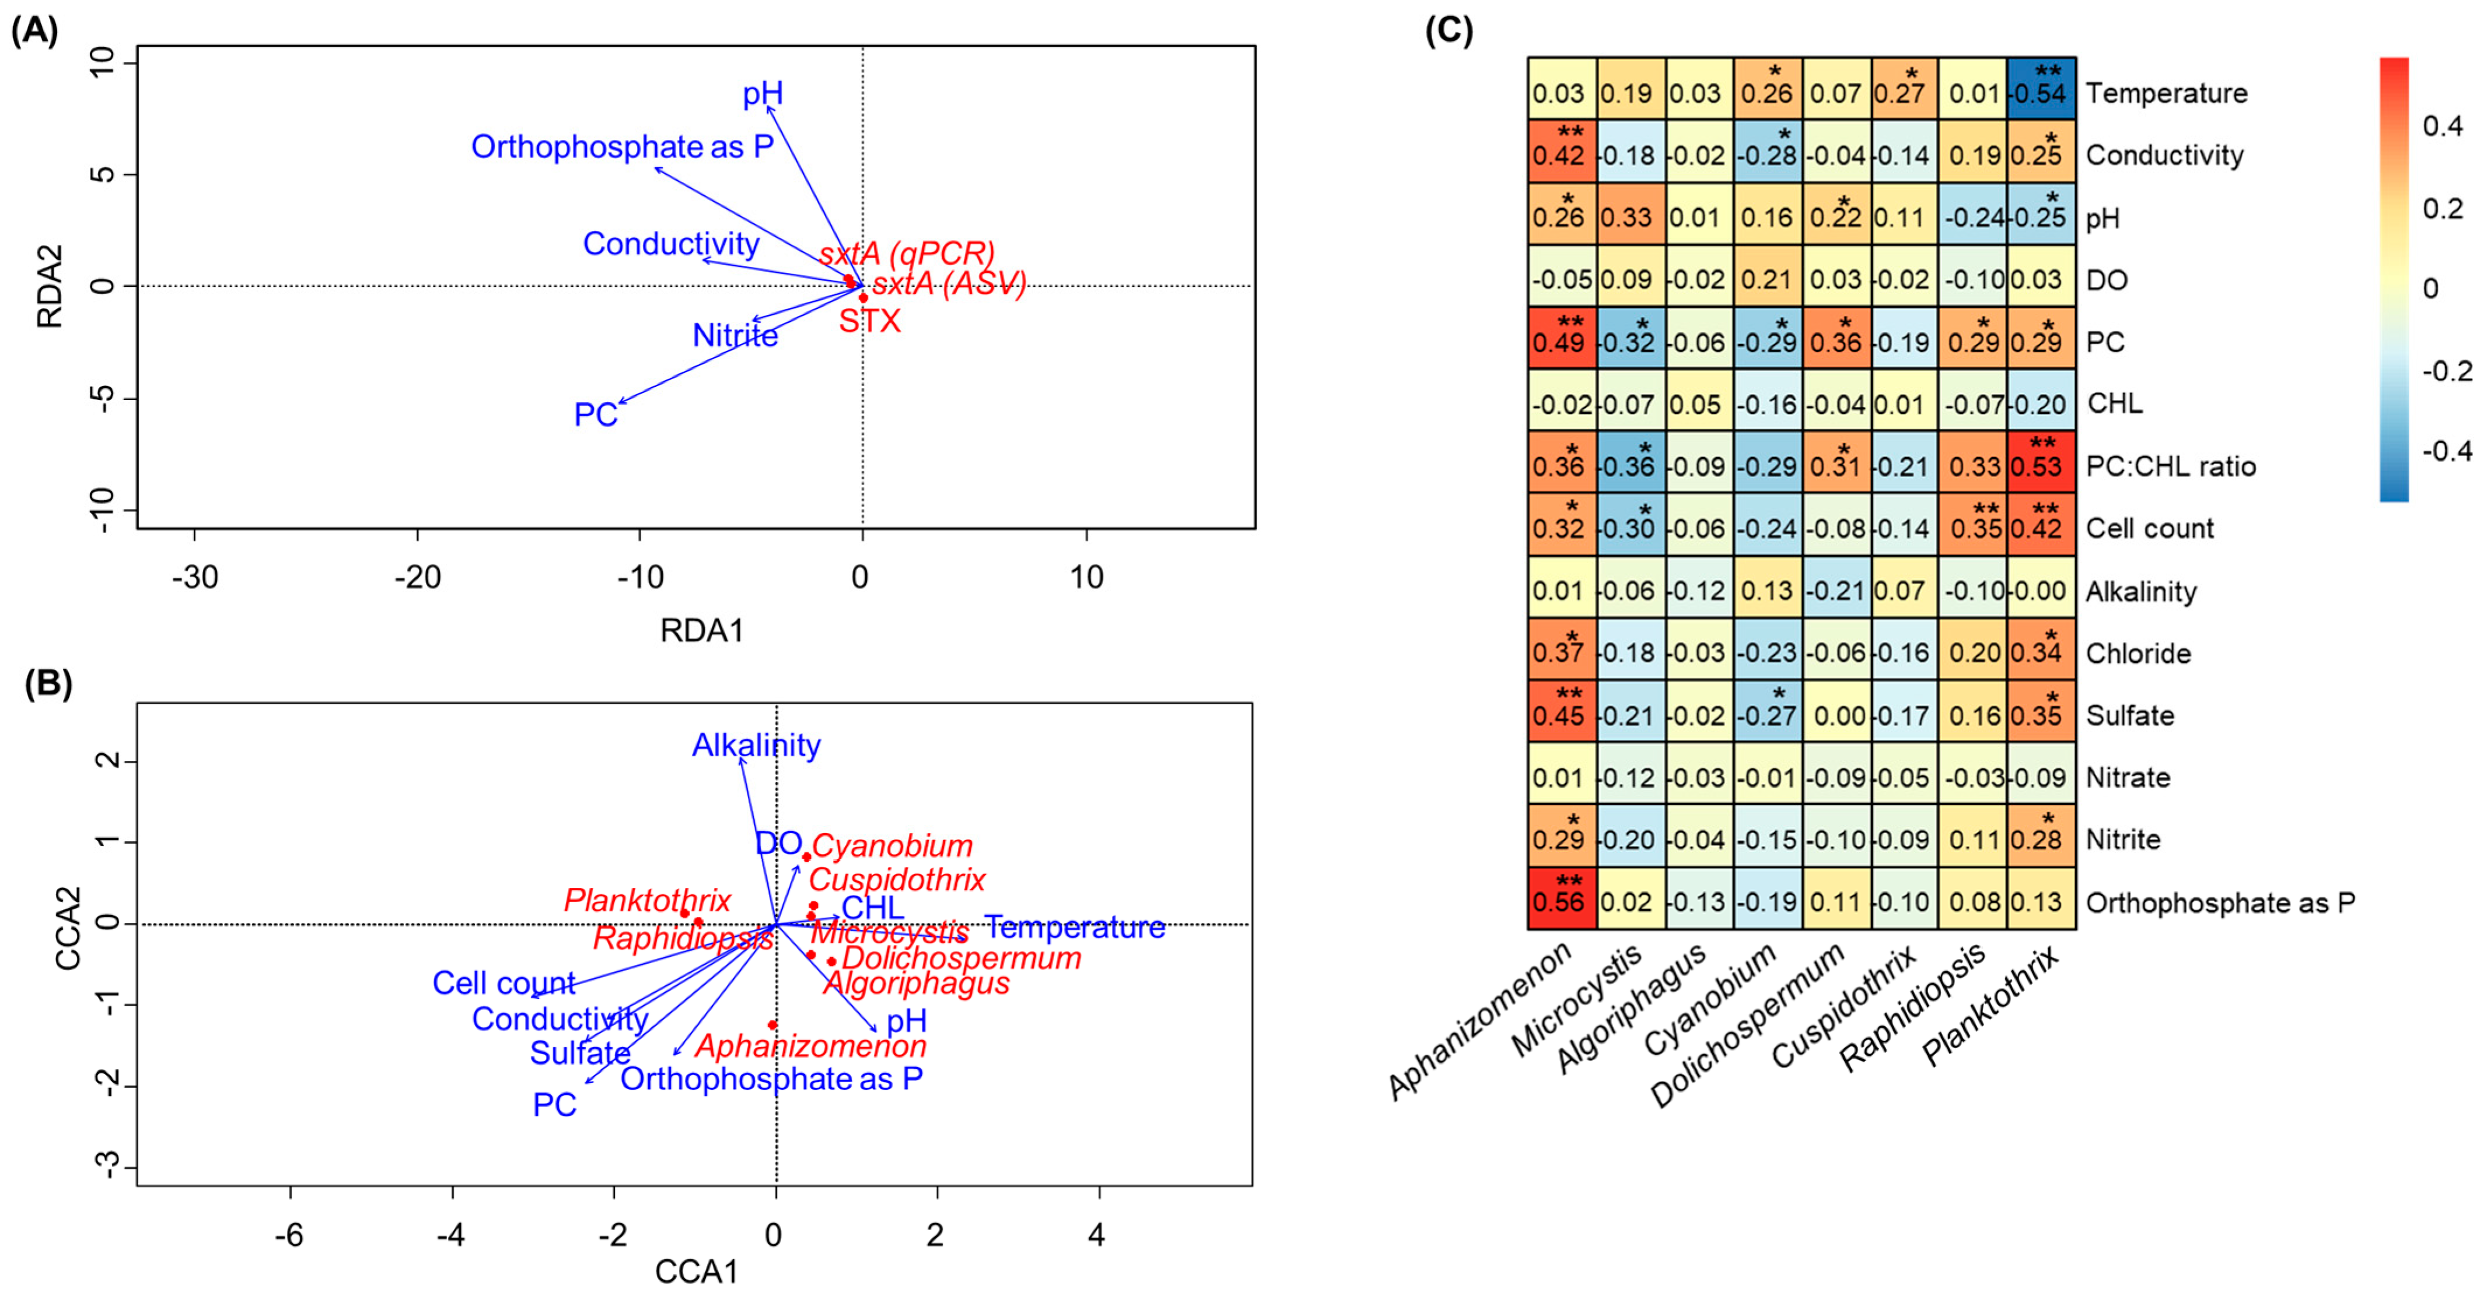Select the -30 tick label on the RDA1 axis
pos(194,577)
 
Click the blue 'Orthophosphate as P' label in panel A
pos(622,147)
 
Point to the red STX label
pos(869,321)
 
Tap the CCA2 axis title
pos(68,928)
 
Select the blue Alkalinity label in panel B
pos(756,745)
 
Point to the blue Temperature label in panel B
pos(1075,928)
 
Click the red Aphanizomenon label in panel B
pos(811,1046)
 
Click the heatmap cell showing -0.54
pos(2041,89)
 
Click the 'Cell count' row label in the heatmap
pos(2149,529)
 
